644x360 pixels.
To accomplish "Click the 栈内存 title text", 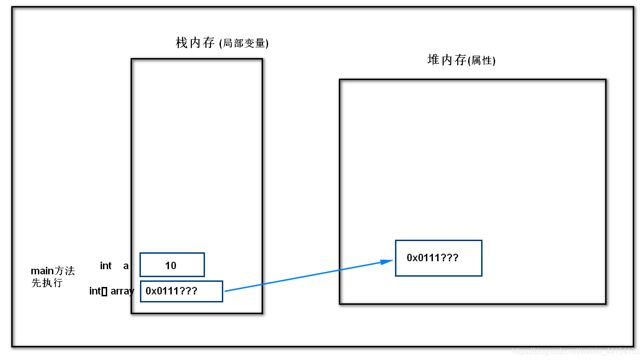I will (x=196, y=43).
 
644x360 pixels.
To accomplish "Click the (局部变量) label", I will (x=244, y=44).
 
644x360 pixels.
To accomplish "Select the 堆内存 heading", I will (x=447, y=60).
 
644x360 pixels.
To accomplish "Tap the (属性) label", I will (x=482, y=61).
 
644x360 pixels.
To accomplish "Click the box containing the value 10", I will (x=172, y=265).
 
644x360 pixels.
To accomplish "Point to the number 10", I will (x=171, y=266).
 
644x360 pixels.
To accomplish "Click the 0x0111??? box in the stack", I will (x=182, y=291).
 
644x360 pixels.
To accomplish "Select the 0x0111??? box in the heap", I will (x=439, y=258).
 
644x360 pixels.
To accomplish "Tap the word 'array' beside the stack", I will (x=122, y=291).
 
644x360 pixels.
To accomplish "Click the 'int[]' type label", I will (x=98, y=291).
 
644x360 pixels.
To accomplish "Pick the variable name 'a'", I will (x=126, y=266).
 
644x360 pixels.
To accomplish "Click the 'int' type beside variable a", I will (x=106, y=266).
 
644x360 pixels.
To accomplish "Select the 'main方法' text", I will (x=52, y=271).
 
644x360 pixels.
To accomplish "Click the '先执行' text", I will (x=47, y=283).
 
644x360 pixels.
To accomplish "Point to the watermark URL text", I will (x=576, y=351).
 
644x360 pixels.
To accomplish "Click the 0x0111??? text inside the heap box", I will (x=432, y=257).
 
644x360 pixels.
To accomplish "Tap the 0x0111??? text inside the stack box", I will (x=171, y=291).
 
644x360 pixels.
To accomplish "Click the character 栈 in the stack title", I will (x=182, y=43).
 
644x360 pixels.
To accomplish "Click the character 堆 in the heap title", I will (x=433, y=60).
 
